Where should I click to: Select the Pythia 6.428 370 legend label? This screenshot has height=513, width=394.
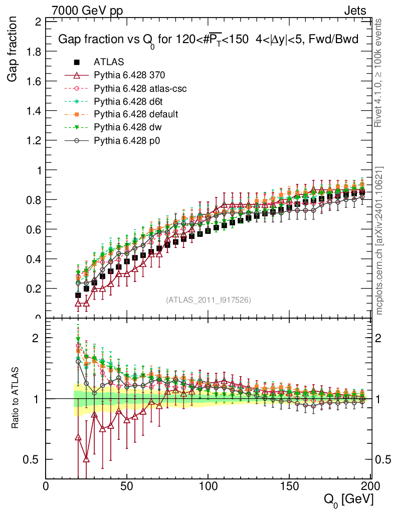pyautogui.click(x=129, y=76)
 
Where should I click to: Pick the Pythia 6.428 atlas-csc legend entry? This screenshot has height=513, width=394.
pyautogui.click(x=140, y=89)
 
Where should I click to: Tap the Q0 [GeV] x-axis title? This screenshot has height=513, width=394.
pyautogui.click(x=348, y=499)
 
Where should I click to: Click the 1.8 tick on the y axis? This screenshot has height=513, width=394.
pyautogui.click(x=35, y=52)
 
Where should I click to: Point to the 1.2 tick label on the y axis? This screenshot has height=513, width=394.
pyautogui.click(x=35, y=141)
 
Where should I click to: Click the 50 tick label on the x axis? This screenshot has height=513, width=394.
pyautogui.click(x=127, y=486)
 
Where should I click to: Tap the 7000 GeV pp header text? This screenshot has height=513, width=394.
pyautogui.click(x=87, y=11)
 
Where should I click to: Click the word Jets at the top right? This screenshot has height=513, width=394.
pyautogui.click(x=354, y=11)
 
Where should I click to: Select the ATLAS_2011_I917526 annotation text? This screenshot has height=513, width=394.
pyautogui.click(x=209, y=300)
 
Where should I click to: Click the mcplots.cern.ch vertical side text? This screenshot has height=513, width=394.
pyautogui.click(x=380, y=240)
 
